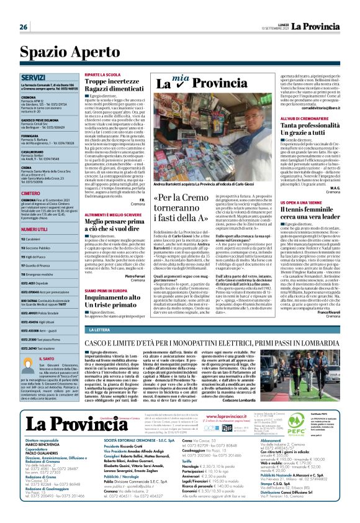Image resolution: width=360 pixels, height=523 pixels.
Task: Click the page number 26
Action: coord(23,27)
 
